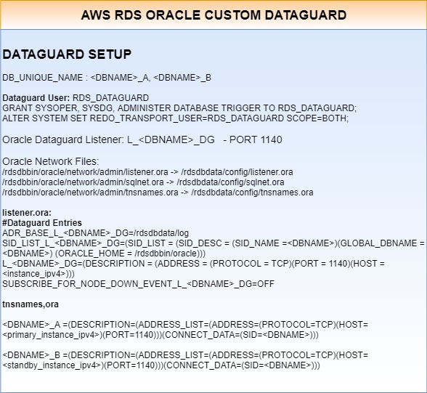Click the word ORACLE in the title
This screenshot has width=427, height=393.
(x=173, y=15)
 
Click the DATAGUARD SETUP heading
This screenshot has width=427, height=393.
(x=67, y=54)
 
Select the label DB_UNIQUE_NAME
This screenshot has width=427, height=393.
(x=42, y=78)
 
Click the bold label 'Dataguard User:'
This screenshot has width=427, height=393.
(x=36, y=98)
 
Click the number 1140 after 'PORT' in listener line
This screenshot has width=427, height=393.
(x=271, y=139)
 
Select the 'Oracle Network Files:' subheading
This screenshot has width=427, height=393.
(x=51, y=161)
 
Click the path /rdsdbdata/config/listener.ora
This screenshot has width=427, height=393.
(x=237, y=172)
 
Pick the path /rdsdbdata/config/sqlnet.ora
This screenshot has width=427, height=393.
(x=230, y=182)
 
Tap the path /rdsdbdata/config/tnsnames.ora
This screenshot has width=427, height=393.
(x=252, y=193)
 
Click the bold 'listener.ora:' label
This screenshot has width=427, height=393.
(x=27, y=212)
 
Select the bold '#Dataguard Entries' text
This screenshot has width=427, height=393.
(x=42, y=223)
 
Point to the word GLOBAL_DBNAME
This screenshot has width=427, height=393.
(x=379, y=243)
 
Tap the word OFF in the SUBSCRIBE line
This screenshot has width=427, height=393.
(x=266, y=284)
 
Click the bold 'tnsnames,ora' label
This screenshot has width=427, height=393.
(x=30, y=304)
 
